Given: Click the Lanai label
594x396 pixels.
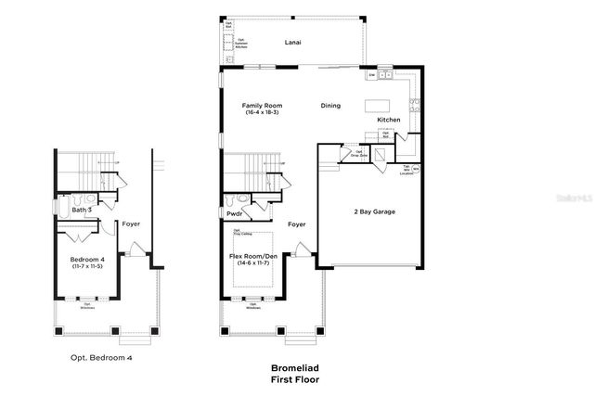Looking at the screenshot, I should pos(293,42).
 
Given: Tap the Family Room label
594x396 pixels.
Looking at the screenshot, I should pos(262,106).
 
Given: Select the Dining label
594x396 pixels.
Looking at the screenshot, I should pos(331,106).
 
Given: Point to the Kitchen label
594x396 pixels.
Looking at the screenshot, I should pos(389,120).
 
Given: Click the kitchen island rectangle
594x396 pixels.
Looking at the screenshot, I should pos(378,104).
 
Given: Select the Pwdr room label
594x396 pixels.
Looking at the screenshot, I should pos(235,214).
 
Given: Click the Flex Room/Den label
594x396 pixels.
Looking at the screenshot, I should pos(253,255).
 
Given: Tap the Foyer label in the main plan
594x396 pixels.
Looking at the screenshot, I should pos(296,224).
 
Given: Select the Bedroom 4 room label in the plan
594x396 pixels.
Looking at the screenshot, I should pos(88,259).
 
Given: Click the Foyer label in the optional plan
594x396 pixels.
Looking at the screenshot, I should pos(131,224).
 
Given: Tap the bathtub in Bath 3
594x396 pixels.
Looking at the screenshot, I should pos(64,198).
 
